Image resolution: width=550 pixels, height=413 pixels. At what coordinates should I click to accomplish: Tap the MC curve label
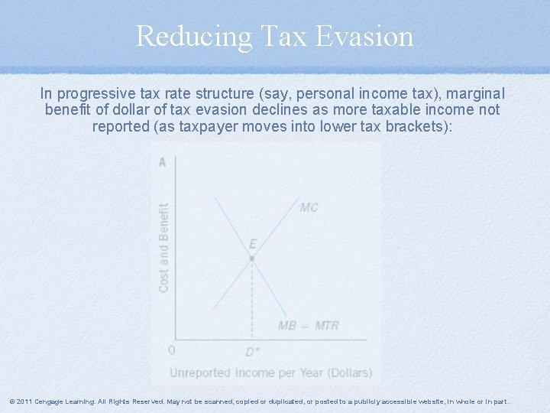(309, 207)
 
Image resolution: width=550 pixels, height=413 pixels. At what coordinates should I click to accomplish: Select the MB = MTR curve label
(308, 325)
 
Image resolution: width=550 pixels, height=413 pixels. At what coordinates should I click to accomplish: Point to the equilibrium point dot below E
(252, 259)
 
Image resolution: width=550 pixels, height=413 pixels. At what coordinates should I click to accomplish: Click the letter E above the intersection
(253, 244)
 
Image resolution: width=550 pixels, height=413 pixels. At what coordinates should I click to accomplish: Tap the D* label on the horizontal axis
(252, 352)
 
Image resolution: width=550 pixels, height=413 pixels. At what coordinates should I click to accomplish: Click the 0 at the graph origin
(171, 350)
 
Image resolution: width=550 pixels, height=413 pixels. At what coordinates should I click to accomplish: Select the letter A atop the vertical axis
(162, 161)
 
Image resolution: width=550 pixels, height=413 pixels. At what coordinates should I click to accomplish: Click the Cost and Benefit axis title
(163, 246)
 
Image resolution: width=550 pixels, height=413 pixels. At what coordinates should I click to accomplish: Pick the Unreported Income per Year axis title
(270, 372)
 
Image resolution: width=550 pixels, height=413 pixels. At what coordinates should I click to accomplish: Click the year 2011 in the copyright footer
(24, 402)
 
